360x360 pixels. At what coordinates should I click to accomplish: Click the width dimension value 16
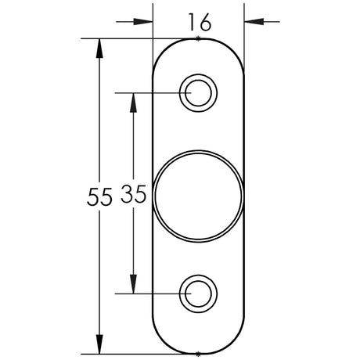tap(199, 22)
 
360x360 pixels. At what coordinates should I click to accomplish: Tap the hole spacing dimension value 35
tap(135, 196)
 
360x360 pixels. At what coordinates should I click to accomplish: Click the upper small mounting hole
tap(198, 92)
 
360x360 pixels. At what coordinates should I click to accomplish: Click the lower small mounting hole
tap(198, 293)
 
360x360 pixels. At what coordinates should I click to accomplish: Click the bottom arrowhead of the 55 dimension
tap(99, 344)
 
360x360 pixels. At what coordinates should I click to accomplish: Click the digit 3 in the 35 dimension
tap(128, 196)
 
